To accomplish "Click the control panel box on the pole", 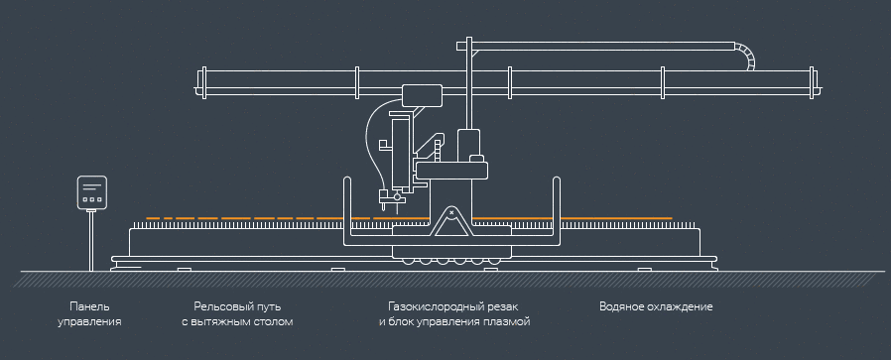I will pyautogui.click(x=92, y=192).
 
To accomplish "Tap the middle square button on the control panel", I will pyautogui.click(x=92, y=199).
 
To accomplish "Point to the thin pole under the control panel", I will pyautogui.click(x=92, y=238).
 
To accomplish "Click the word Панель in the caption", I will pyautogui.click(x=89, y=306).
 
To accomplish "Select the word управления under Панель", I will pyautogui.click(x=89, y=322).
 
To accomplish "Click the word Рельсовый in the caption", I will pyautogui.click(x=222, y=306).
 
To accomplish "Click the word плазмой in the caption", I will pyautogui.click(x=507, y=322).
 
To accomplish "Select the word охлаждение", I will pyautogui.click(x=683, y=306).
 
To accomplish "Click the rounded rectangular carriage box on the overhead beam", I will pyautogui.click(x=422, y=96).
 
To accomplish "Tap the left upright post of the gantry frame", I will pyautogui.click(x=344, y=210).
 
